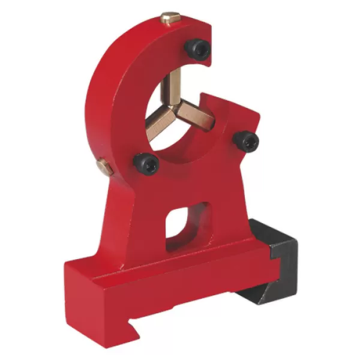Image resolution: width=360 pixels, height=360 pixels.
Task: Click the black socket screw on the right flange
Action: [x=247, y=142]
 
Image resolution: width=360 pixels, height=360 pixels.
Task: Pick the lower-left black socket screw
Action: [x=146, y=161]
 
